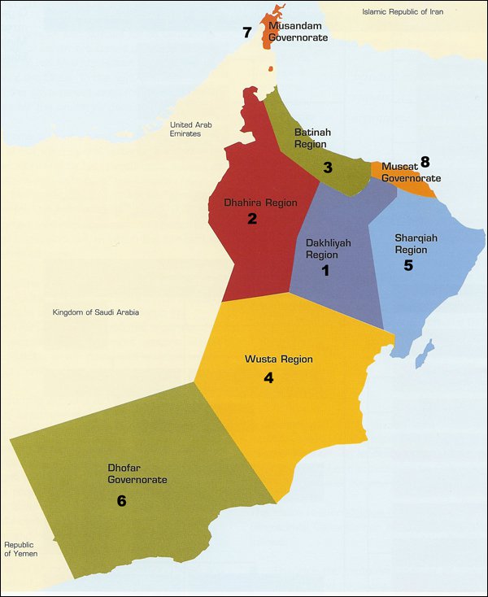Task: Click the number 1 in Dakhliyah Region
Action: click(325, 271)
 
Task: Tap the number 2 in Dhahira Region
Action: click(252, 219)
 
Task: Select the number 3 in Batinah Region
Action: click(327, 168)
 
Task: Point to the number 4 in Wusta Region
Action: click(268, 377)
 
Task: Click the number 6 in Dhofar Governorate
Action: click(121, 501)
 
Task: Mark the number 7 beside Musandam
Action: click(248, 33)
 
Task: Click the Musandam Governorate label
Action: click(298, 32)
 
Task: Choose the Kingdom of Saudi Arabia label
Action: click(96, 312)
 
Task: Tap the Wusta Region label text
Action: click(278, 359)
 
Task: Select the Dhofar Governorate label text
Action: click(137, 474)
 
